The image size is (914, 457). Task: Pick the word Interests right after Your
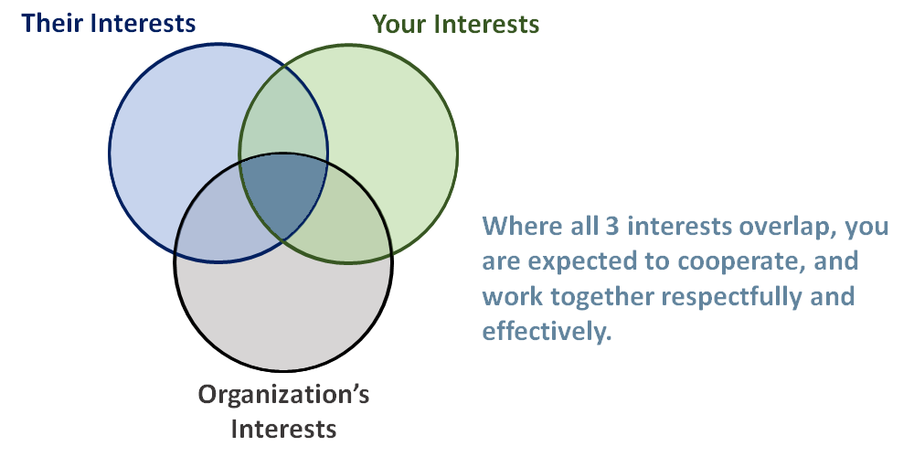coord(488,24)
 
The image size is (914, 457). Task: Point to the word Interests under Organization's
coord(284,428)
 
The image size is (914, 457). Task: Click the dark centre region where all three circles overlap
coord(283,197)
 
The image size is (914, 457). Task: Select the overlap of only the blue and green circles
coord(283,119)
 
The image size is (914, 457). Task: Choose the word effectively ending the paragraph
coord(546,332)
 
